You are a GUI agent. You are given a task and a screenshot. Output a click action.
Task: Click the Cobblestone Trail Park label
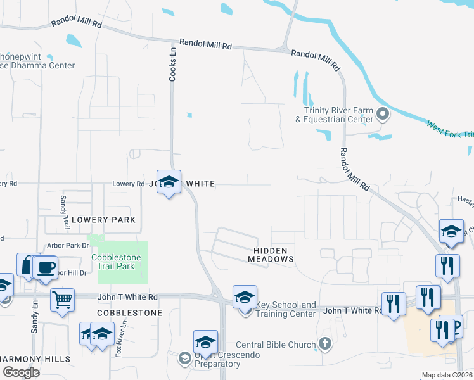pos(122,262)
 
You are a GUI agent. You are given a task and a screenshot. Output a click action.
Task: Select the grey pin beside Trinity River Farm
pos(382,115)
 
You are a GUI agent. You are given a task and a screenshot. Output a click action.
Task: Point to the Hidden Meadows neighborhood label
pos(271,255)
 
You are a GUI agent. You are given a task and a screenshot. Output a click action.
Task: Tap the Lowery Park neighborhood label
pos(103,220)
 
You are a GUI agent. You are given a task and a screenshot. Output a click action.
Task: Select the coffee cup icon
pos(46,267)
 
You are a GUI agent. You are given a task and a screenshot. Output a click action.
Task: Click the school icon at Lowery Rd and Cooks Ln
pos(169,182)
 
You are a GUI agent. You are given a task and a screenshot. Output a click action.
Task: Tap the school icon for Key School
pos(245,298)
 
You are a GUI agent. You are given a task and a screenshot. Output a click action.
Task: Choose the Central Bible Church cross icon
pos(324,345)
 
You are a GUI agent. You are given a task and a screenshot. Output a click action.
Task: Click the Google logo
pos(21,372)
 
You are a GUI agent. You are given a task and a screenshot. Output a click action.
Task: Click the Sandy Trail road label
pos(64,213)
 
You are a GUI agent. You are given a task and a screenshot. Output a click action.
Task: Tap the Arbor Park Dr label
pos(67,245)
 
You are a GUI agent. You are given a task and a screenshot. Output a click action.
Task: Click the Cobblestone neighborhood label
pos(130,313)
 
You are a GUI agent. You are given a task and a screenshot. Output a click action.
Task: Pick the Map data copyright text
pos(447,375)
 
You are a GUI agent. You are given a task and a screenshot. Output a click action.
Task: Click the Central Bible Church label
pos(275,345)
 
